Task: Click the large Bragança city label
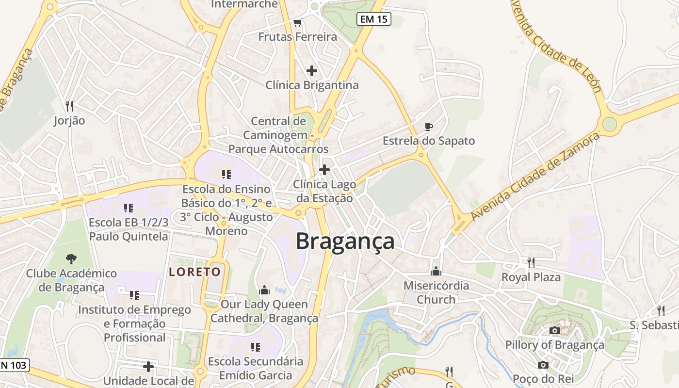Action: click(345, 242)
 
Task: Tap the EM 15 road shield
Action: click(373, 19)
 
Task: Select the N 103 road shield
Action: click(15, 365)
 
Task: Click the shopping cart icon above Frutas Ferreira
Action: click(297, 23)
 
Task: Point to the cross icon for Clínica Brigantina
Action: click(312, 71)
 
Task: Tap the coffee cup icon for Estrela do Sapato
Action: click(428, 127)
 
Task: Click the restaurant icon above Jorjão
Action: click(69, 106)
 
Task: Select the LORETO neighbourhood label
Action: click(195, 272)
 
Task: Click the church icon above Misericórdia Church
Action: click(436, 271)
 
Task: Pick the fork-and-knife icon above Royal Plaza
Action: click(531, 263)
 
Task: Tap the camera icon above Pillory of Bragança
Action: click(555, 331)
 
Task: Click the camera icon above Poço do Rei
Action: click(543, 365)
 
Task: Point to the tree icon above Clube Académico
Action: click(71, 259)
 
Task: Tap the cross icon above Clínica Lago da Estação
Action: click(324, 170)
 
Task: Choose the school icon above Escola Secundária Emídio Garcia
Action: click(255, 347)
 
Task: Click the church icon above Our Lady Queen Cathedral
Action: click(264, 290)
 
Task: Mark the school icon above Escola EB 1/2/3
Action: click(129, 208)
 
